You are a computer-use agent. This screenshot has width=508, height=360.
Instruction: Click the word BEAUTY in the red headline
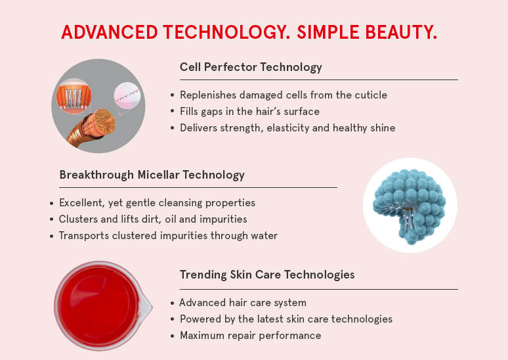pyautogui.click(x=401, y=32)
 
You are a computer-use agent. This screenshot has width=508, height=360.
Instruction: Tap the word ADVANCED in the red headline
pyautogui.click(x=110, y=32)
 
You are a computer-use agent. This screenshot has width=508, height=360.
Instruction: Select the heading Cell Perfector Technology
pyautogui.click(x=251, y=67)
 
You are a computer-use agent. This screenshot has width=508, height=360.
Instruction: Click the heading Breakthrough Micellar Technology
pyautogui.click(x=152, y=175)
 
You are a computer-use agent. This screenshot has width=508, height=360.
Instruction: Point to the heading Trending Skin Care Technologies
pyautogui.click(x=267, y=275)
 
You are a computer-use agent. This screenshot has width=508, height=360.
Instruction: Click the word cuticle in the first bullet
pyautogui.click(x=371, y=95)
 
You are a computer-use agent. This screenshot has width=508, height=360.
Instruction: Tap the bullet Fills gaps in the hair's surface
pyautogui.click(x=250, y=112)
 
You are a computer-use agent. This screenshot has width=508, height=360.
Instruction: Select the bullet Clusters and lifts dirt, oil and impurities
pyautogui.click(x=153, y=219)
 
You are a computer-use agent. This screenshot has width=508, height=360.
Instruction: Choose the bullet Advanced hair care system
pyautogui.click(x=243, y=303)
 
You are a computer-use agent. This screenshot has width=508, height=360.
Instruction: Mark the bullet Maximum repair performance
pyautogui.click(x=251, y=335)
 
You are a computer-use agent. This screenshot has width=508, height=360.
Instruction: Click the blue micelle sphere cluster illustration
pyautogui.click(x=410, y=206)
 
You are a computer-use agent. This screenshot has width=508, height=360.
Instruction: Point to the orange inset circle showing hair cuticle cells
pyautogui.click(x=74, y=97)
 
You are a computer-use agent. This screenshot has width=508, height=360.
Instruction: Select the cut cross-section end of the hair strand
pyautogui.click(x=104, y=121)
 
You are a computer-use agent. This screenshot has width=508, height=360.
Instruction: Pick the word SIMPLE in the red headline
pyautogui.click(x=328, y=32)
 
